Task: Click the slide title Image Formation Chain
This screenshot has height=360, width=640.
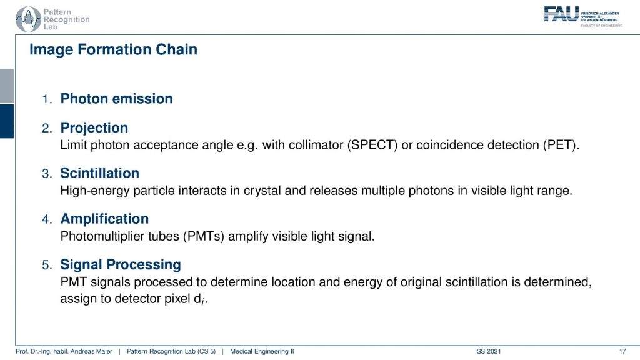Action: (x=114, y=49)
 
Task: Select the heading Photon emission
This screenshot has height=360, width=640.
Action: (x=117, y=98)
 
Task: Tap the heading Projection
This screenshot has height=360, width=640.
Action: (x=94, y=127)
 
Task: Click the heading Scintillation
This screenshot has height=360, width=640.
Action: (x=100, y=173)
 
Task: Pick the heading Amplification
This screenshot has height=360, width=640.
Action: (x=104, y=219)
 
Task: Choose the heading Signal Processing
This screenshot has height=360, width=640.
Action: (x=121, y=264)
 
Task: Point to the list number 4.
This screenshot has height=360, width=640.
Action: (x=47, y=219)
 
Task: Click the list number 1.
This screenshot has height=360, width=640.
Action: (x=47, y=99)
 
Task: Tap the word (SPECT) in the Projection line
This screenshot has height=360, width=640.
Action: (x=372, y=145)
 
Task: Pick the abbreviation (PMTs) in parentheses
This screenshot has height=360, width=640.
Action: (x=204, y=236)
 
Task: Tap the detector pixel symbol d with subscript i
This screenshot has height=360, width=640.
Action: (x=199, y=299)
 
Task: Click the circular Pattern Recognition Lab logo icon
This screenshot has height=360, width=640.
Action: (x=28, y=19)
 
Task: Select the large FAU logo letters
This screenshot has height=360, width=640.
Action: (x=561, y=14)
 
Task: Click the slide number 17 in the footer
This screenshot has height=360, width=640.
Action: (x=622, y=351)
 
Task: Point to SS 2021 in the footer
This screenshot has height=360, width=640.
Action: (x=489, y=351)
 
